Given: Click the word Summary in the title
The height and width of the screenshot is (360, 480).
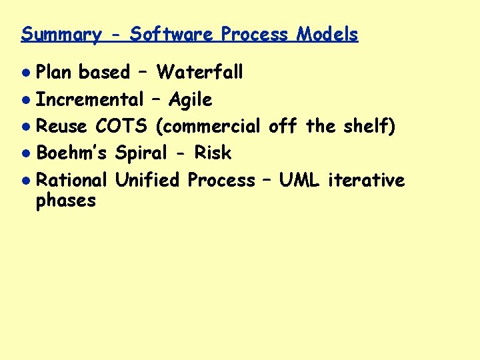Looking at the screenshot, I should click(61, 35).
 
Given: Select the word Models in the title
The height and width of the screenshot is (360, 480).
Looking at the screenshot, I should click(327, 34).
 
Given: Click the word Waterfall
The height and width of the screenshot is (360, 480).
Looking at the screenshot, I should click(199, 72).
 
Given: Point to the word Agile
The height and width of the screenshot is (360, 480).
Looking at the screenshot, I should click(190, 100).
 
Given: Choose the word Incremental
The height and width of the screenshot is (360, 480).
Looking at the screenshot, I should click(89, 100).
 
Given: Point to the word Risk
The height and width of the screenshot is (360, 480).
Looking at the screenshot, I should click(213, 153).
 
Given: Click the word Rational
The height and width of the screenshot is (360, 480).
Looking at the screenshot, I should click(71, 180).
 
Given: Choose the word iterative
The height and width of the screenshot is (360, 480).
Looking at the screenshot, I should click(367, 180).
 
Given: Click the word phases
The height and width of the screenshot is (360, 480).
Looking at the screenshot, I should click(66, 201).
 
